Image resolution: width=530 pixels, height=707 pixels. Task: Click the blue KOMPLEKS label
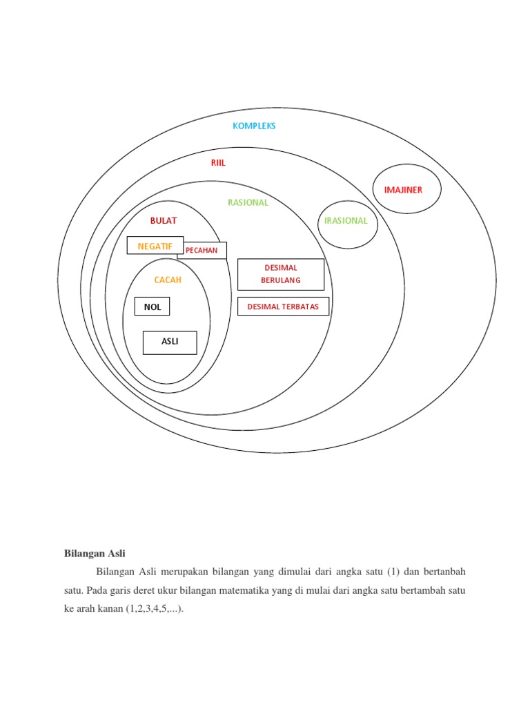point(254,126)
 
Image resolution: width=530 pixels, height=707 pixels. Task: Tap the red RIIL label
point(218,163)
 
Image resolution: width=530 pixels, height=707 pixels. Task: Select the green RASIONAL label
point(248,202)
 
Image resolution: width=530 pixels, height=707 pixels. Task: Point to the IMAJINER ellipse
point(407,190)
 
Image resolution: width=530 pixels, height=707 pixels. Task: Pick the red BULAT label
point(164,220)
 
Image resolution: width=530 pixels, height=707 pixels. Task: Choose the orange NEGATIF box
point(155,246)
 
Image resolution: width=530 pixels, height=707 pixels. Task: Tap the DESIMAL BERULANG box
point(280,274)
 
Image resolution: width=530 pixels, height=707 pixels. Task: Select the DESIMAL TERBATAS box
point(283,306)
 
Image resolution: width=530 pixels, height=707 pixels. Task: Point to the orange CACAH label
point(168,280)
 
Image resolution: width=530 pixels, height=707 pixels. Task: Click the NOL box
point(152,307)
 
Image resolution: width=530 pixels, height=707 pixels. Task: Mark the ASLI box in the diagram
point(170,342)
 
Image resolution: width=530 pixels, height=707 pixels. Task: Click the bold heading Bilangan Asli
point(95,553)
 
